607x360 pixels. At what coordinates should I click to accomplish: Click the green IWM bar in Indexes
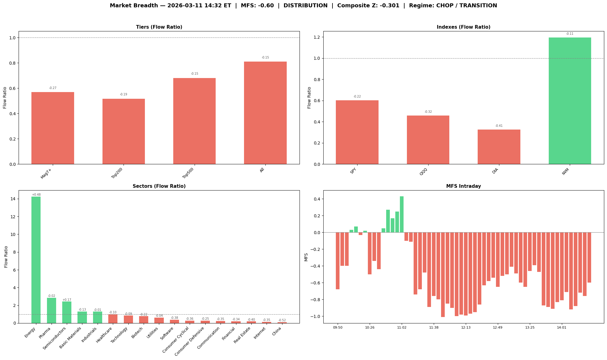coord(569,101)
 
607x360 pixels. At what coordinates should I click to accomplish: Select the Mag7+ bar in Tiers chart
coord(53,128)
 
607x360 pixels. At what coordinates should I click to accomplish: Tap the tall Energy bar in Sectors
coord(36,259)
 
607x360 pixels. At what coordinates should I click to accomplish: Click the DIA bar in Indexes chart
coord(499,147)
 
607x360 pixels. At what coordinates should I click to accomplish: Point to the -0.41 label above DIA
coord(499,126)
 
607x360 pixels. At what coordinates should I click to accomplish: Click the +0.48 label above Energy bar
coord(36,194)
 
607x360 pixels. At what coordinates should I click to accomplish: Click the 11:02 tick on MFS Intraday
coord(402,328)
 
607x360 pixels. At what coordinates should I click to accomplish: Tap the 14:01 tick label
coord(562,328)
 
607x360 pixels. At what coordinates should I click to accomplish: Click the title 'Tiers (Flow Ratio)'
coord(159,27)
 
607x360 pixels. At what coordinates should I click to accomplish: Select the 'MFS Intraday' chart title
coord(463,186)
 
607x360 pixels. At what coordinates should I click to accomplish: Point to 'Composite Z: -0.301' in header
coord(368,5)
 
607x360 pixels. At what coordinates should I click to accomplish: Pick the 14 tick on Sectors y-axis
coord(14,199)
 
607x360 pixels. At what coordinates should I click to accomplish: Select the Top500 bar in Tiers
coord(194,121)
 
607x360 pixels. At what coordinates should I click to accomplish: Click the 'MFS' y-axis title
coord(306,257)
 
